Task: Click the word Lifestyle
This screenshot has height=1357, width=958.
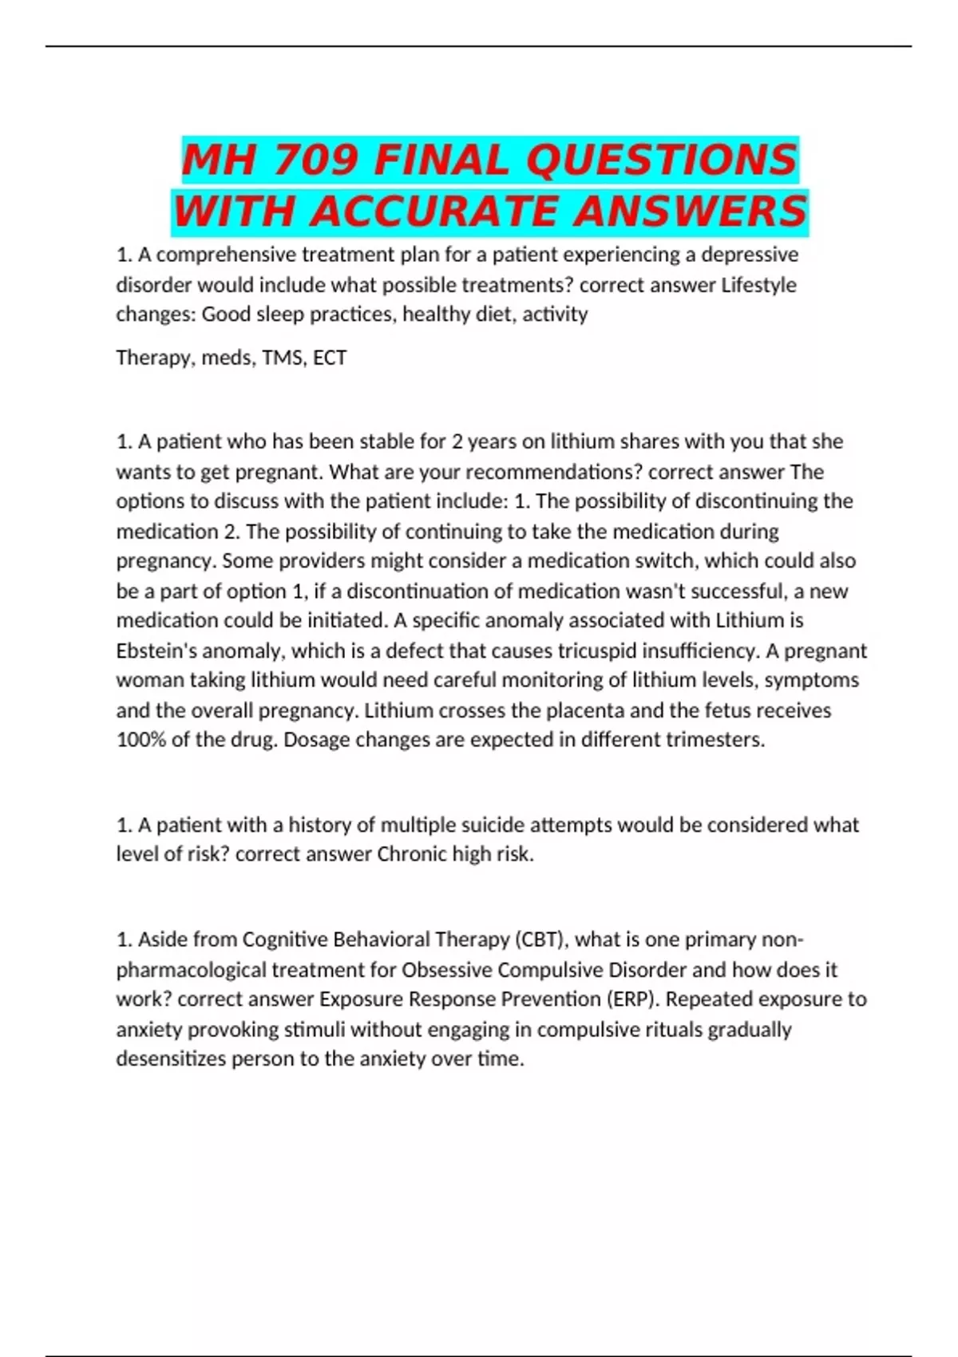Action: [x=758, y=285]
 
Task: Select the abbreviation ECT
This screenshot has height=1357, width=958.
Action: [x=330, y=358]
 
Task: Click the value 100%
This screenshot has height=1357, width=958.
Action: [x=141, y=740]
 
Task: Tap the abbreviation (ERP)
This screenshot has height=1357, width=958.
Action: [x=633, y=999]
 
